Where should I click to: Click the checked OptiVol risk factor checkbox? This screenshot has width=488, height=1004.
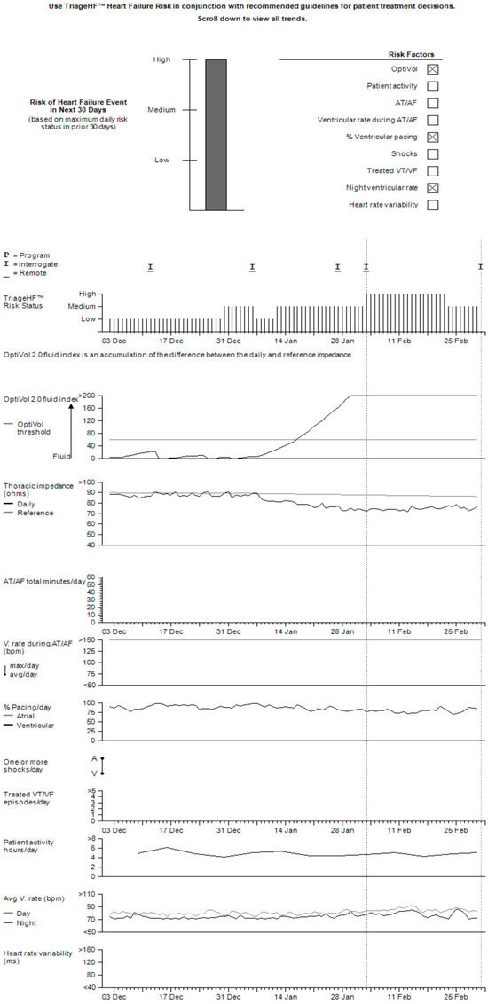433,69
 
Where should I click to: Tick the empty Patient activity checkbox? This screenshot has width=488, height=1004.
433,86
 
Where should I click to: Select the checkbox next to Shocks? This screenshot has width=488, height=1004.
433,154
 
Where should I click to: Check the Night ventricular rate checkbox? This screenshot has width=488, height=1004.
433,188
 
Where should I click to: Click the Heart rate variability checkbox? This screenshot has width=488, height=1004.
433,205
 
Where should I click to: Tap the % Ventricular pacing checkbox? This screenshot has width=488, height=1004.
433,137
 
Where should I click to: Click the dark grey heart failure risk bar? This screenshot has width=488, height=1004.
216,135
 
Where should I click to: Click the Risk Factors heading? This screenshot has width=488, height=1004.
412,53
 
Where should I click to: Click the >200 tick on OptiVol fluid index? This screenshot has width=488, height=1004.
87,396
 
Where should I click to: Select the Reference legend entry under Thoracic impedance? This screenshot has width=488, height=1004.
35,513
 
